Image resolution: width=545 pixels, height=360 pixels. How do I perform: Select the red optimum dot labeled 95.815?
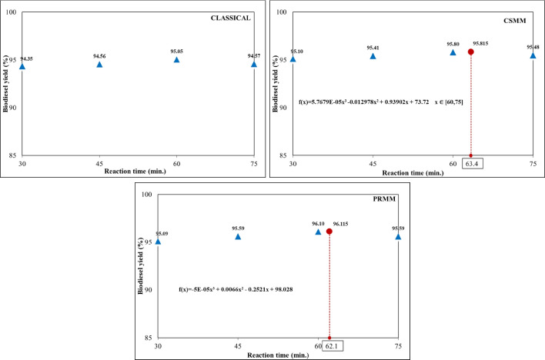470,52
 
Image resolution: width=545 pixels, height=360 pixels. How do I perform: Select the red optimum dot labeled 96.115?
329,232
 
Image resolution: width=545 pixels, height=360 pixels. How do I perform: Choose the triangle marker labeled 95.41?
373,56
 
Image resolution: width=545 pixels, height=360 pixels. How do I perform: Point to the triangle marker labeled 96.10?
318,232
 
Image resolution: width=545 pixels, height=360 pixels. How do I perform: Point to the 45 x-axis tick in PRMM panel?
238,347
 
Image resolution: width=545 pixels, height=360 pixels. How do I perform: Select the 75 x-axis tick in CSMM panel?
533,165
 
